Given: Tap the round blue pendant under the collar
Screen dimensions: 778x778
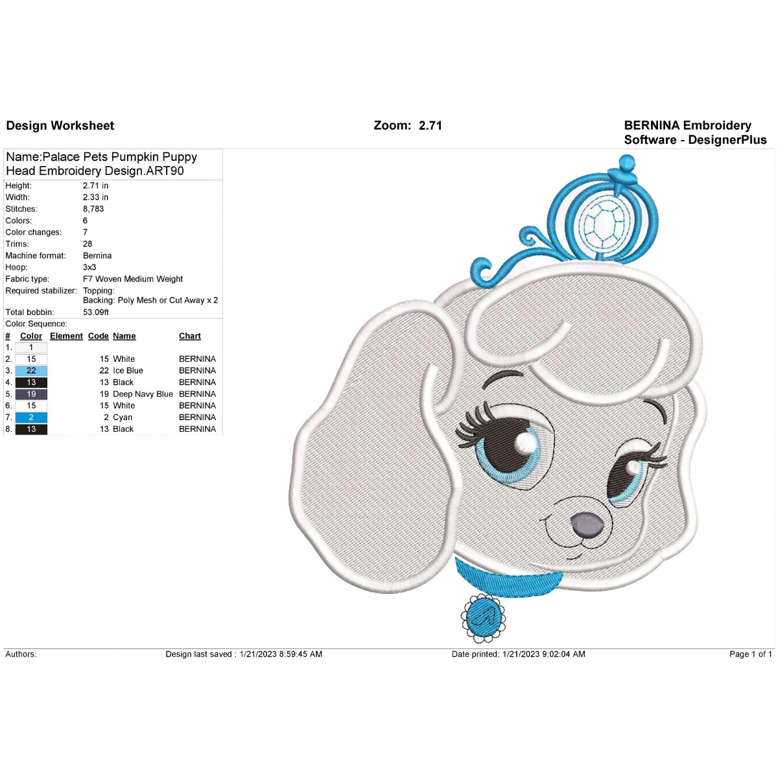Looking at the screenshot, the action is click(483, 617).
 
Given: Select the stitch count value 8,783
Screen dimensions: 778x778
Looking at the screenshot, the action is click(93, 209).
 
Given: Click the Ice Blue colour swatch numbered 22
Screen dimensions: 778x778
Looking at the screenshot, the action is click(31, 371).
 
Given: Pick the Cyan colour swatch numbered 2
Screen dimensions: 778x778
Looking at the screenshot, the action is click(31, 418).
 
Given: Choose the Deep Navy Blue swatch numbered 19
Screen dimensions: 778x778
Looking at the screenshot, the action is click(31, 394).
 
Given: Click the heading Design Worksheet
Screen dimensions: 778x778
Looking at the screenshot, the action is click(60, 126).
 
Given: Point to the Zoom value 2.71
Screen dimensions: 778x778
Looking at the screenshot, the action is click(430, 126).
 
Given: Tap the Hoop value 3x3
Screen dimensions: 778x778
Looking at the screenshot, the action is click(89, 267).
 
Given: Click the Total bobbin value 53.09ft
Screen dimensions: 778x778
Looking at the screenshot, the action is click(96, 312).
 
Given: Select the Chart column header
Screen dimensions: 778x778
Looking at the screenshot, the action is click(190, 336).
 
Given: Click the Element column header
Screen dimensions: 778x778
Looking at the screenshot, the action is click(66, 336).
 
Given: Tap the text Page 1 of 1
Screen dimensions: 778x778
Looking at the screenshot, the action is click(751, 654).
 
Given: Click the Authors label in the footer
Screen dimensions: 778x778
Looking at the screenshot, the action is click(21, 654).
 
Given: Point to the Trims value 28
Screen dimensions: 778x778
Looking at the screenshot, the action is click(88, 244).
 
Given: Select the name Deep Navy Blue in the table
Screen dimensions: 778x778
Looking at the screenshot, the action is click(143, 394).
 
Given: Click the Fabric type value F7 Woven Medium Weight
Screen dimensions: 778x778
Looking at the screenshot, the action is click(133, 279).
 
